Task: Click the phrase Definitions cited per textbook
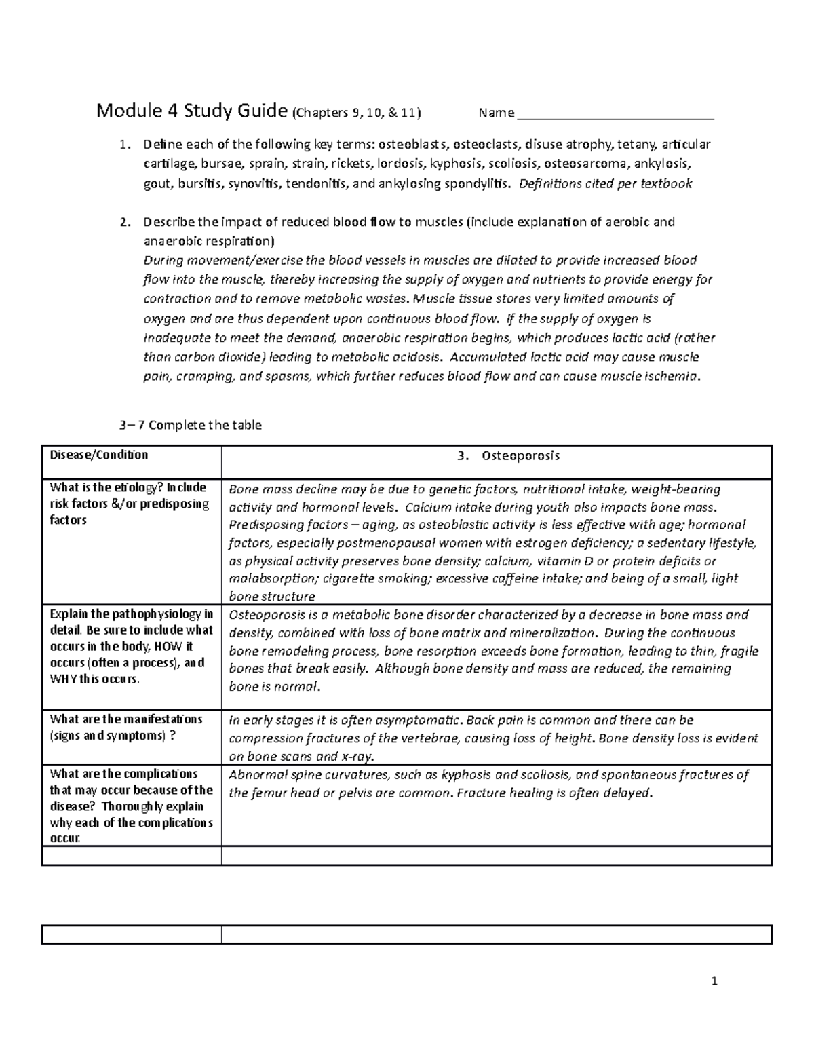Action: coord(605,183)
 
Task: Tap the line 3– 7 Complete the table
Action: coord(190,425)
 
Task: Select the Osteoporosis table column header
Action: coord(520,456)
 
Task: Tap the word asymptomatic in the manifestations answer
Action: coord(418,720)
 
